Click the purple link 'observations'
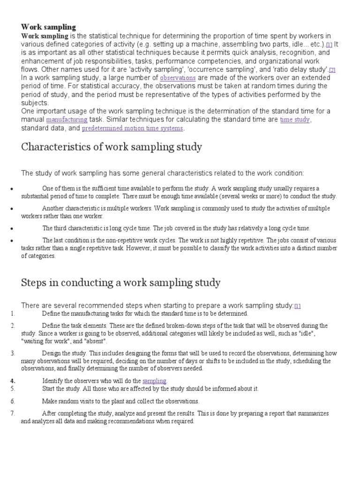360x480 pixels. (178, 78)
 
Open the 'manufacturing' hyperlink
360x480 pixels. (67, 120)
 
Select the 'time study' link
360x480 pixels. (295, 120)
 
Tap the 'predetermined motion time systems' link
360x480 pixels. (133, 128)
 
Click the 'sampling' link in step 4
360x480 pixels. (154, 380)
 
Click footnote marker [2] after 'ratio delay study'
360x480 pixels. (332, 70)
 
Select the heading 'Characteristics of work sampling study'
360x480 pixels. (112, 147)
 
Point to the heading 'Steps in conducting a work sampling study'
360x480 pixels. (120, 283)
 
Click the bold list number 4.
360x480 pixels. (13, 380)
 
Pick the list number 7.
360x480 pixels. (13, 413)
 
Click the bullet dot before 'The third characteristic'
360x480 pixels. (11, 228)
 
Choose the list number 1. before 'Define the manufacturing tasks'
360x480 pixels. (13, 314)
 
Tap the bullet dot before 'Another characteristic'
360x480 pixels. (11, 208)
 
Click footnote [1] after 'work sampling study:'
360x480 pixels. (298, 306)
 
